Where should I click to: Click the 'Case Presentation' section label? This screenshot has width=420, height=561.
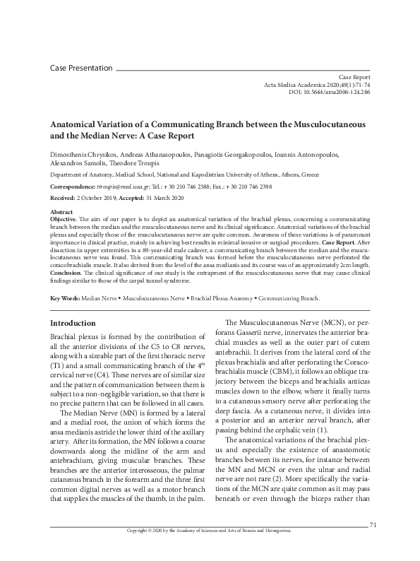point(81,68)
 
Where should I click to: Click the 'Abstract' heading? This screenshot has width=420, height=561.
point(61,211)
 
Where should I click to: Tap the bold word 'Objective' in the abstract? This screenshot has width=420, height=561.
point(64,219)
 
